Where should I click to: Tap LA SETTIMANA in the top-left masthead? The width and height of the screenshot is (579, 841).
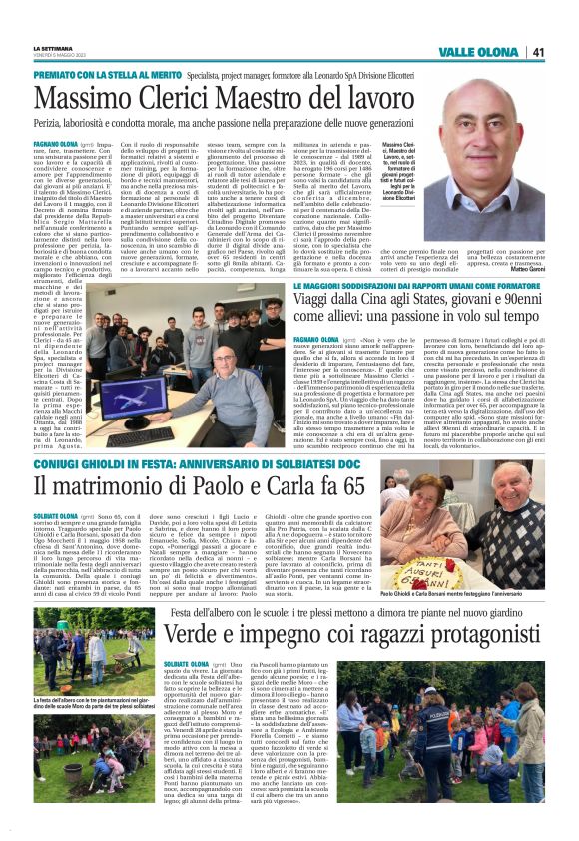point(52,46)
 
